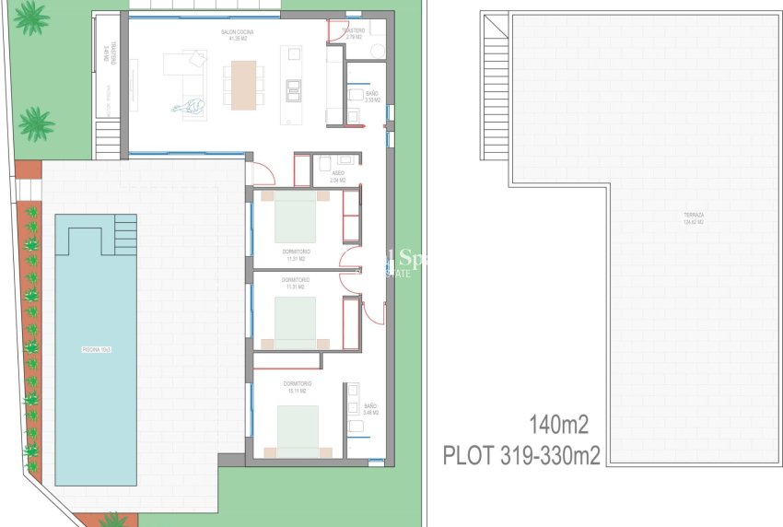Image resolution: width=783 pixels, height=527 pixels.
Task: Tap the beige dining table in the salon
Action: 243,86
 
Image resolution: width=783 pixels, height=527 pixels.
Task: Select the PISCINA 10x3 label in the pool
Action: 96,350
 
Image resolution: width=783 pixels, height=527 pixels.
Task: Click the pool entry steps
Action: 123,235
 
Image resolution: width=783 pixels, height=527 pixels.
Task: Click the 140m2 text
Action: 558,425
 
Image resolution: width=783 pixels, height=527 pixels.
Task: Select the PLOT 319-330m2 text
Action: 521,455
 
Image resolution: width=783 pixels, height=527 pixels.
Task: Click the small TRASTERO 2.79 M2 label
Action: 353,34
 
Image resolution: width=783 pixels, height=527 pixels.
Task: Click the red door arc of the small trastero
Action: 338,31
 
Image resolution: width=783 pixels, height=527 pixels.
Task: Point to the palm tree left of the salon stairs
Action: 36,123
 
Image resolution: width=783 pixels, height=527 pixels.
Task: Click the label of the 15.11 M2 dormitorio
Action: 297,387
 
